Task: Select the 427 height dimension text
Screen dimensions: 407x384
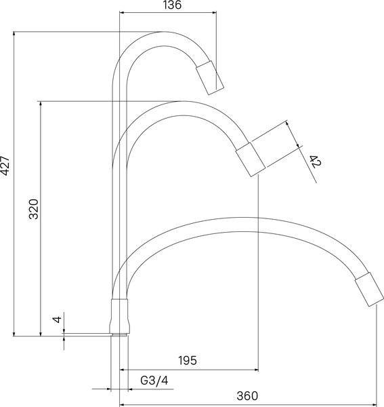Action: [6, 166]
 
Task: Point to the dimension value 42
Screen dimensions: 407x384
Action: [314, 161]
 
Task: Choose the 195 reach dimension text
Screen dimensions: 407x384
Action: [188, 362]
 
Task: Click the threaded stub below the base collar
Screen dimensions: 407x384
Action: [120, 334]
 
